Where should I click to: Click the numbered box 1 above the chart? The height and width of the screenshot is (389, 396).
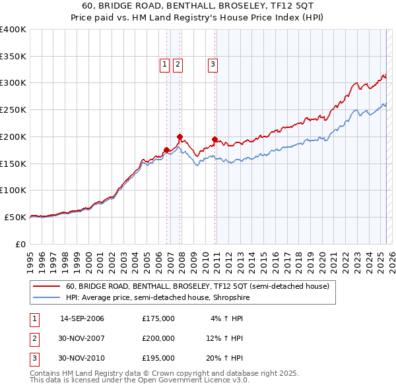tap(164, 64)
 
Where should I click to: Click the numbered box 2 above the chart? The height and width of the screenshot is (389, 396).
tap(178, 64)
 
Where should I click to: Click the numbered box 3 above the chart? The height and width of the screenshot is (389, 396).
tap(213, 64)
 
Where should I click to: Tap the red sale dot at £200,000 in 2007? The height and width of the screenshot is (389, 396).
tap(180, 136)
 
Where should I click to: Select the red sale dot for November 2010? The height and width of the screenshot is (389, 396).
tap(214, 139)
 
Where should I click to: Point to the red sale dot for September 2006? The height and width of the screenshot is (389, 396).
tap(166, 150)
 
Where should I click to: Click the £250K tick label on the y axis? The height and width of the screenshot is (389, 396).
tap(13, 110)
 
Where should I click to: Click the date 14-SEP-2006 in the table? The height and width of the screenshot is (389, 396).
tap(82, 318)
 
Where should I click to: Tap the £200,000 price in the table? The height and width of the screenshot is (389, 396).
tap(158, 338)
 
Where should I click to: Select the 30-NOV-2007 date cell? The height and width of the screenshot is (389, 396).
tap(82, 338)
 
